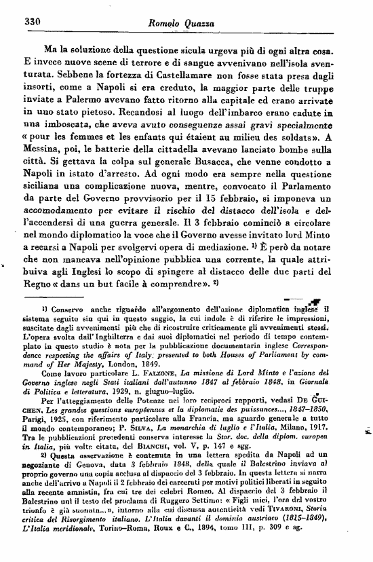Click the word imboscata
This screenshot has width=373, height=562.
tap(67, 129)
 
